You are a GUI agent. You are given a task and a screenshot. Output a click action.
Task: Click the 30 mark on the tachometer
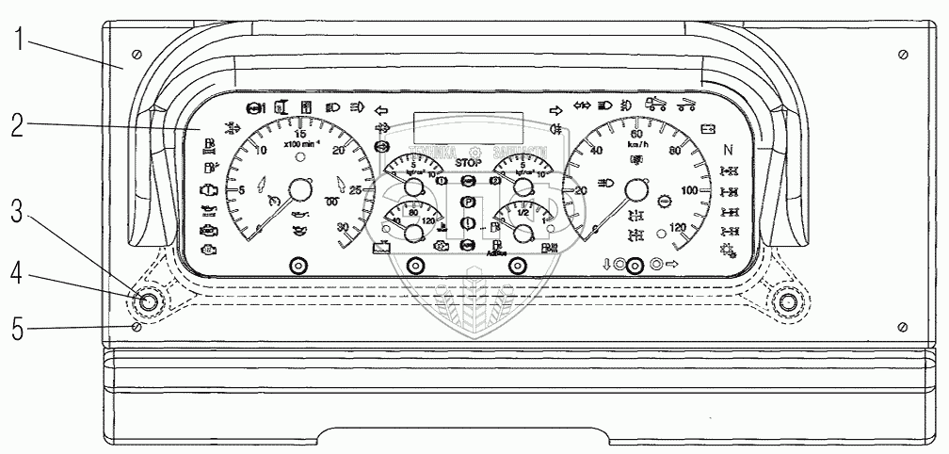tap(342, 226)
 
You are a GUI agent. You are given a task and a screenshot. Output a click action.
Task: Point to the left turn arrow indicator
tap(381, 108)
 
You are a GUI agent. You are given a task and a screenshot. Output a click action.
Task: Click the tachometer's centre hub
tap(299, 191)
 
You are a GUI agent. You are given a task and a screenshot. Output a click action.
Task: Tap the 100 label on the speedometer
tap(690, 191)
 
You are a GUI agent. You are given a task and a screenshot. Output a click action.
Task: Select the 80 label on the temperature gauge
tap(413, 213)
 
